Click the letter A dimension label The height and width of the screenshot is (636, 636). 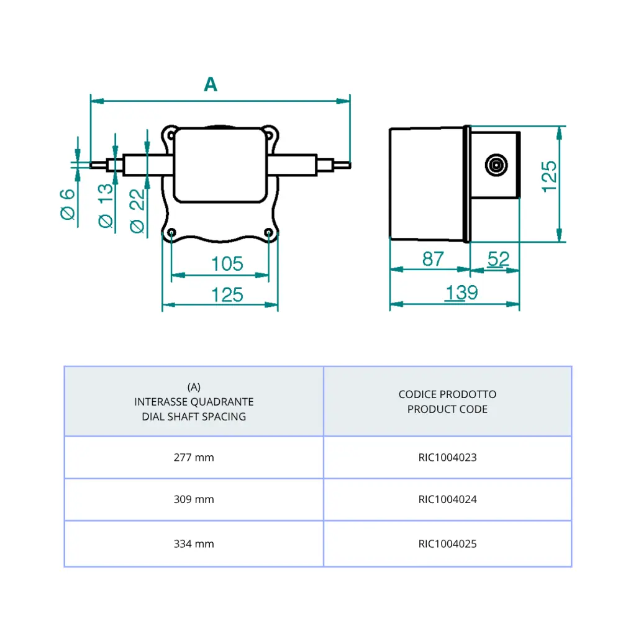click(211, 84)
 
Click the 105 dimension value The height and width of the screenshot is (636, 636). click(227, 264)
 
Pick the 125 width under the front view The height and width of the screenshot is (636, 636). click(227, 294)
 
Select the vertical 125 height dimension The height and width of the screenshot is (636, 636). click(548, 176)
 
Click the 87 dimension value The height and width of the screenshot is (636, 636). click(433, 259)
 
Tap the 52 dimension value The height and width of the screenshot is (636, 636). click(498, 259)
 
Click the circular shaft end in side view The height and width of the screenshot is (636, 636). click(496, 166)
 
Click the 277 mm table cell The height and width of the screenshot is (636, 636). click(194, 458)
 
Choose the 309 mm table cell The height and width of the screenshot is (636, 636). click(194, 499)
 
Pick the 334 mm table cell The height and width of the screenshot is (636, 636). click(194, 544)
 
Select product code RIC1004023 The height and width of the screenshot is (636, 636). click(447, 458)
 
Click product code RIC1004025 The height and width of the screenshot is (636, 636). click(447, 544)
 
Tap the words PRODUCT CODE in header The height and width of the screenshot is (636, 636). click(447, 409)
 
